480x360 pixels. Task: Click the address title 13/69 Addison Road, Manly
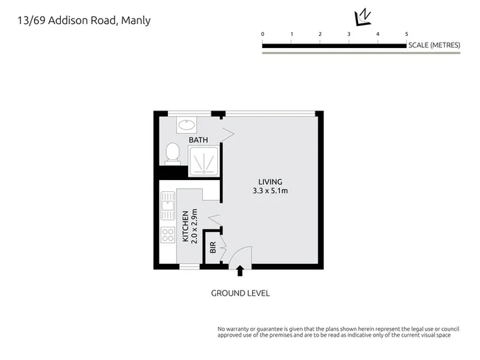84,21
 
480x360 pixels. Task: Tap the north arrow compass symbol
362,18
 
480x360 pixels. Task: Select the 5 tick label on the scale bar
407,34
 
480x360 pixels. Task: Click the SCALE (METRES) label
434,45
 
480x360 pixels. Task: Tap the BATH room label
198,140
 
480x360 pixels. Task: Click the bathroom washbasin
187,125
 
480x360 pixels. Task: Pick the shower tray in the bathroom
203,161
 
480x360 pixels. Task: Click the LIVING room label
270,182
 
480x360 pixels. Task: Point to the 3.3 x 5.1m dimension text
270,191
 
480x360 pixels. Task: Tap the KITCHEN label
185,226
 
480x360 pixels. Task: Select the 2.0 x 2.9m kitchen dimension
194,226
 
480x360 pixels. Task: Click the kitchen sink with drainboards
168,206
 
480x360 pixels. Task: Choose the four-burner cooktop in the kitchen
168,235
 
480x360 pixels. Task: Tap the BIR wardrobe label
213,247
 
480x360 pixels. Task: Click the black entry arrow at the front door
240,271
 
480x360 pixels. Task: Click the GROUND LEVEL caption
240,293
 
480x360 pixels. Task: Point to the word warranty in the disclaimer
237,329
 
